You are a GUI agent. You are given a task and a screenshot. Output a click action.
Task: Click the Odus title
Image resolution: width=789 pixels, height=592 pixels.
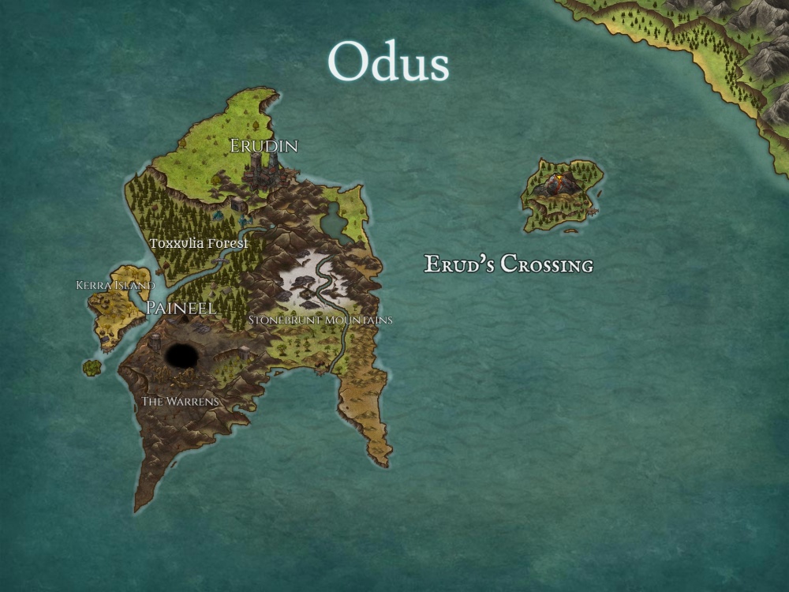(388, 62)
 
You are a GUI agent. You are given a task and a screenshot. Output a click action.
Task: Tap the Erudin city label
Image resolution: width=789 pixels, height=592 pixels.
(264, 146)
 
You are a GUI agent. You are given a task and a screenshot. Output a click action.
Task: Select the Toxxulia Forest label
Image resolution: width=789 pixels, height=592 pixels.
(199, 244)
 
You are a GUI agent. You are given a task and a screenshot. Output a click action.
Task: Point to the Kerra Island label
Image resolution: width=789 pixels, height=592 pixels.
(115, 285)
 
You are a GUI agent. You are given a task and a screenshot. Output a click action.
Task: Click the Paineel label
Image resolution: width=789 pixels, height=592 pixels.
(181, 308)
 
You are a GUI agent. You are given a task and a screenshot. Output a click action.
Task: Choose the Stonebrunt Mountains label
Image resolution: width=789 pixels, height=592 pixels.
(320, 320)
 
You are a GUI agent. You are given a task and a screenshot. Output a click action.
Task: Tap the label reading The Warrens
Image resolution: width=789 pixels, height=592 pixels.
(180, 402)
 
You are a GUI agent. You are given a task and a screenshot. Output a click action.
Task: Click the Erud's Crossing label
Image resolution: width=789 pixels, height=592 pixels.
(509, 264)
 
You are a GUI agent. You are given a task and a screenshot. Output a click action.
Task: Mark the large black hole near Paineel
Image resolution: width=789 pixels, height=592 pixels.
(181, 354)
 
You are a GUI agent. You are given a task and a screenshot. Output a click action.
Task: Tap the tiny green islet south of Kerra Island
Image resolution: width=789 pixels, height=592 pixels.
(92, 367)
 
